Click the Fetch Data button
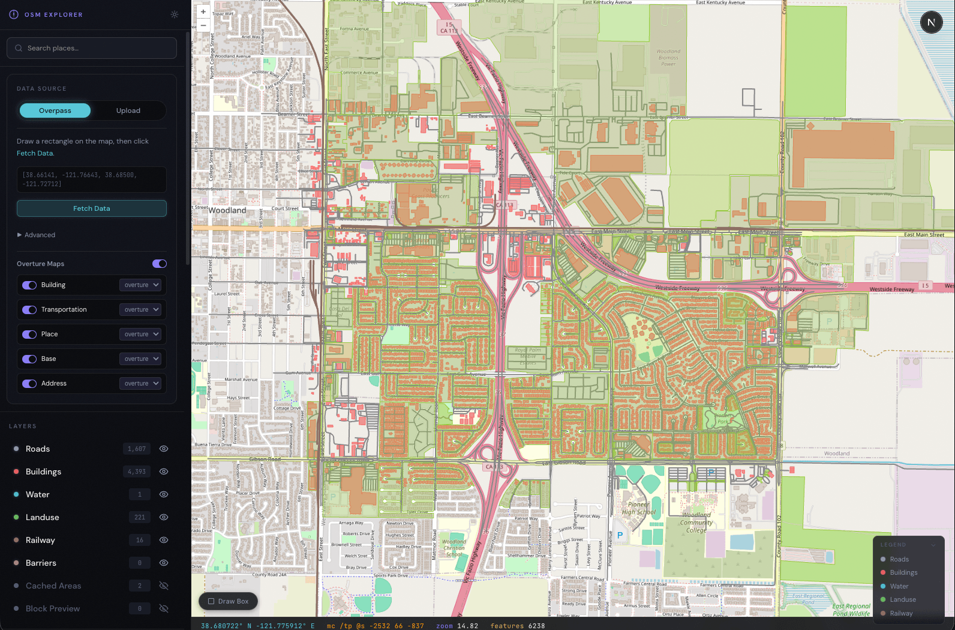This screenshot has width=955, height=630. coord(91,208)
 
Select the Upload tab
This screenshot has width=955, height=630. coord(128,111)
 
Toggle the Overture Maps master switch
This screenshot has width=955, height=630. coord(159,264)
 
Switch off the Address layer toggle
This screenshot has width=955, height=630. coord(29,383)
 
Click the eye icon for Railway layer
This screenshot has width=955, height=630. coord(163,540)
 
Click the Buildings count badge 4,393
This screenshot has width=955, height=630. coord(137,471)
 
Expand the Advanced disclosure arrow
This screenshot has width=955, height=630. coord(20,235)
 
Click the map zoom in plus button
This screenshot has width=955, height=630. coord(203,11)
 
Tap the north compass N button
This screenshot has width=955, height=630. coord(931,23)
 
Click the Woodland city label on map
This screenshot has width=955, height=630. coord(227,210)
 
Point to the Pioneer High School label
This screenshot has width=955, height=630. coord(638,509)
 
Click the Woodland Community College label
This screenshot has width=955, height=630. coord(696,522)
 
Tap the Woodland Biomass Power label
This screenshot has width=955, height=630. coord(668,58)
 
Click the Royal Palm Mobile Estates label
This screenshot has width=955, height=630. coord(527,356)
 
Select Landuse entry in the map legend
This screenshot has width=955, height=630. coord(902,599)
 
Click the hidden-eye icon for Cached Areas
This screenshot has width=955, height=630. coord(163,586)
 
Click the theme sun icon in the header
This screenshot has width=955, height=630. coord(175,14)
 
